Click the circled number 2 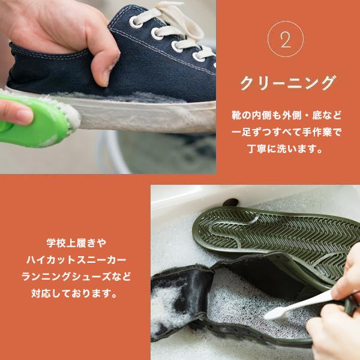285,39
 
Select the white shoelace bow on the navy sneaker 180,24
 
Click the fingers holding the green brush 15,111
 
